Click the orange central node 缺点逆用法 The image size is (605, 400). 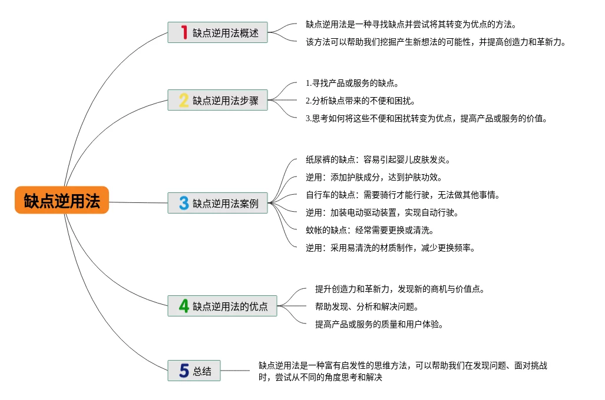[62, 201]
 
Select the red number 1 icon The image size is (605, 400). [184, 32]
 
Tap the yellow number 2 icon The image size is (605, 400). [184, 101]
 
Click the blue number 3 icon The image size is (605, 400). [184, 204]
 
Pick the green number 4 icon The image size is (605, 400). [184, 306]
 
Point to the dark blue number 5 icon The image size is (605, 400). [184, 371]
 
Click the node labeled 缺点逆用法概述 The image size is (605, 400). [226, 33]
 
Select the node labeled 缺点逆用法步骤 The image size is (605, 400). [226, 101]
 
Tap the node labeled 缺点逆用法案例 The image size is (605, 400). [226, 204]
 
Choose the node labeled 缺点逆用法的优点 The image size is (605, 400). [230, 306]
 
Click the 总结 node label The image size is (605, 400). [202, 371]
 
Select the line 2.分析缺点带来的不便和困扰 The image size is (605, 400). [360, 101]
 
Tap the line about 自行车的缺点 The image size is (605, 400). [402, 195]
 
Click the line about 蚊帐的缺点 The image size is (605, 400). [369, 230]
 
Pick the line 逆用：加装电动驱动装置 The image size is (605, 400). [382, 212]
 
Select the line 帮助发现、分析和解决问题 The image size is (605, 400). [366, 306]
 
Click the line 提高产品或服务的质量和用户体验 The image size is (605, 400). [379, 324]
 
